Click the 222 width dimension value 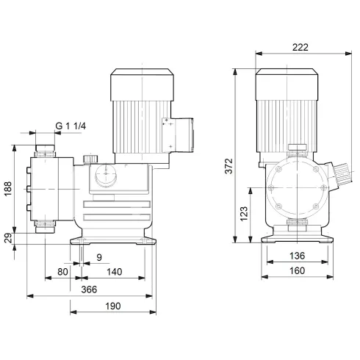(x=300, y=47)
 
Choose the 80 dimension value (x=63, y=273)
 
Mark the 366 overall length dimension (x=90, y=290)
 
